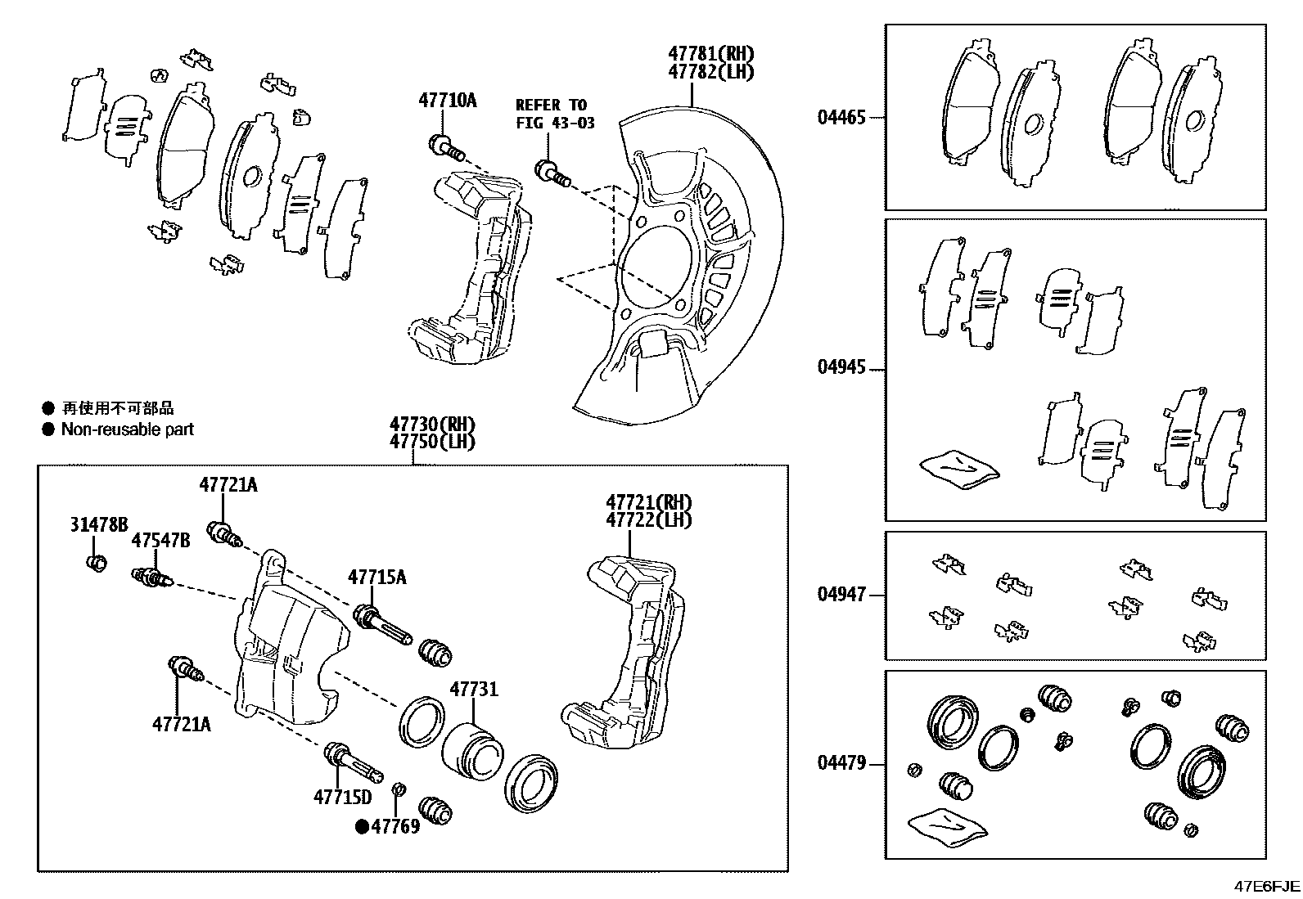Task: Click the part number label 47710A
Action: pos(447,101)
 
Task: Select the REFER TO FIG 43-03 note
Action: pos(554,114)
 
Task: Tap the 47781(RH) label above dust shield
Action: pos(710,54)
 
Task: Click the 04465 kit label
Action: pos(841,117)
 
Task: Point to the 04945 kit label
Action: pos(841,367)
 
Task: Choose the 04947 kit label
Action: pos(841,595)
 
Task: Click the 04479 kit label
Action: pos(841,763)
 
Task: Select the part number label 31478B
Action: pos(99,525)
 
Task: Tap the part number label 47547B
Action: pos(161,541)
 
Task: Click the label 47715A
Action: pos(376,577)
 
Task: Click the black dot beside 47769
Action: pos(361,826)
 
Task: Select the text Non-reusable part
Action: pos(127,429)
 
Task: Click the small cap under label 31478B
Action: pos(97,564)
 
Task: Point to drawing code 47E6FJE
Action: pos(1267,886)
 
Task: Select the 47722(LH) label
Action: pos(648,520)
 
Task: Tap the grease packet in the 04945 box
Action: pos(959,469)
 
